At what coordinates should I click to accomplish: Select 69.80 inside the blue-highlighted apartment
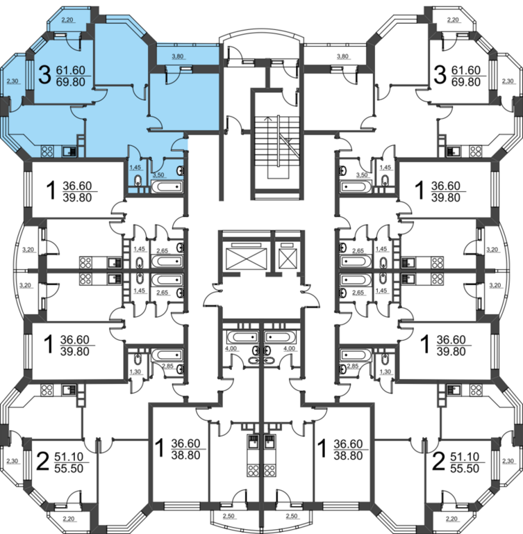point(69,81)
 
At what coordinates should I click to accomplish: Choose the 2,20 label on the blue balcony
point(67,21)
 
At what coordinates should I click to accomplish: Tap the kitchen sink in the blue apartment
point(69,150)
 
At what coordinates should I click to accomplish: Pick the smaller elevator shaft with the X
point(286,258)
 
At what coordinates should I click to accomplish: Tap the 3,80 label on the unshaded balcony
point(342,56)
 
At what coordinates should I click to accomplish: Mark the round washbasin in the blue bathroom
point(182,170)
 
